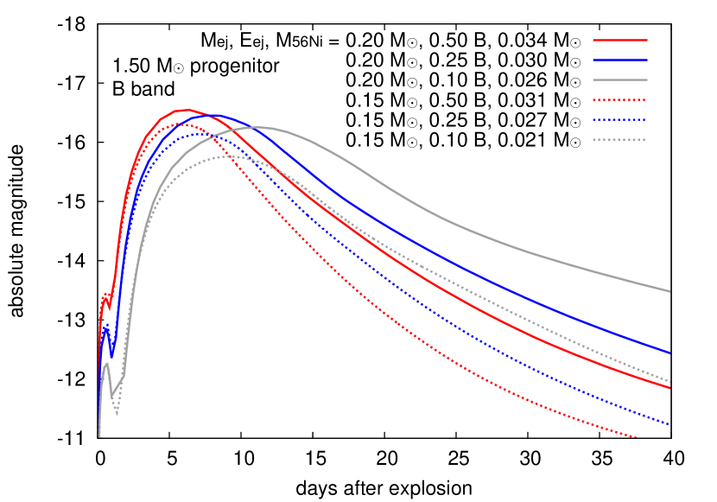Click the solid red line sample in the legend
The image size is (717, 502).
pos(619,40)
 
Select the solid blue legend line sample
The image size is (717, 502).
pos(619,60)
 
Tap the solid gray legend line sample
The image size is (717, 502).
pos(619,79)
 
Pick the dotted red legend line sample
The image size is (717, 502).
pos(619,99)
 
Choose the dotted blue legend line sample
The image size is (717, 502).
pos(619,119)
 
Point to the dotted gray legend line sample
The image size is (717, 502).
pos(619,139)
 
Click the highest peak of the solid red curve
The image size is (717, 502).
pos(185,110)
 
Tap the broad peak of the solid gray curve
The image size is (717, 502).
pos(261,127)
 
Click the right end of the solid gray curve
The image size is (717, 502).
pos(670,291)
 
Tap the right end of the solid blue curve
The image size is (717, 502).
pos(670,353)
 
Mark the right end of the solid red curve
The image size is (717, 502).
pos(670,388)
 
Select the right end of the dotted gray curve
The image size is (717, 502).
pos(670,381)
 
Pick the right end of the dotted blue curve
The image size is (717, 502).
pos(670,424)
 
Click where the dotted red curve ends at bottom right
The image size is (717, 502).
pos(638,438)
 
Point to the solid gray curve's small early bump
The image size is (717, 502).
pos(105,363)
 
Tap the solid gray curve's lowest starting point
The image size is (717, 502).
pos(99,435)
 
